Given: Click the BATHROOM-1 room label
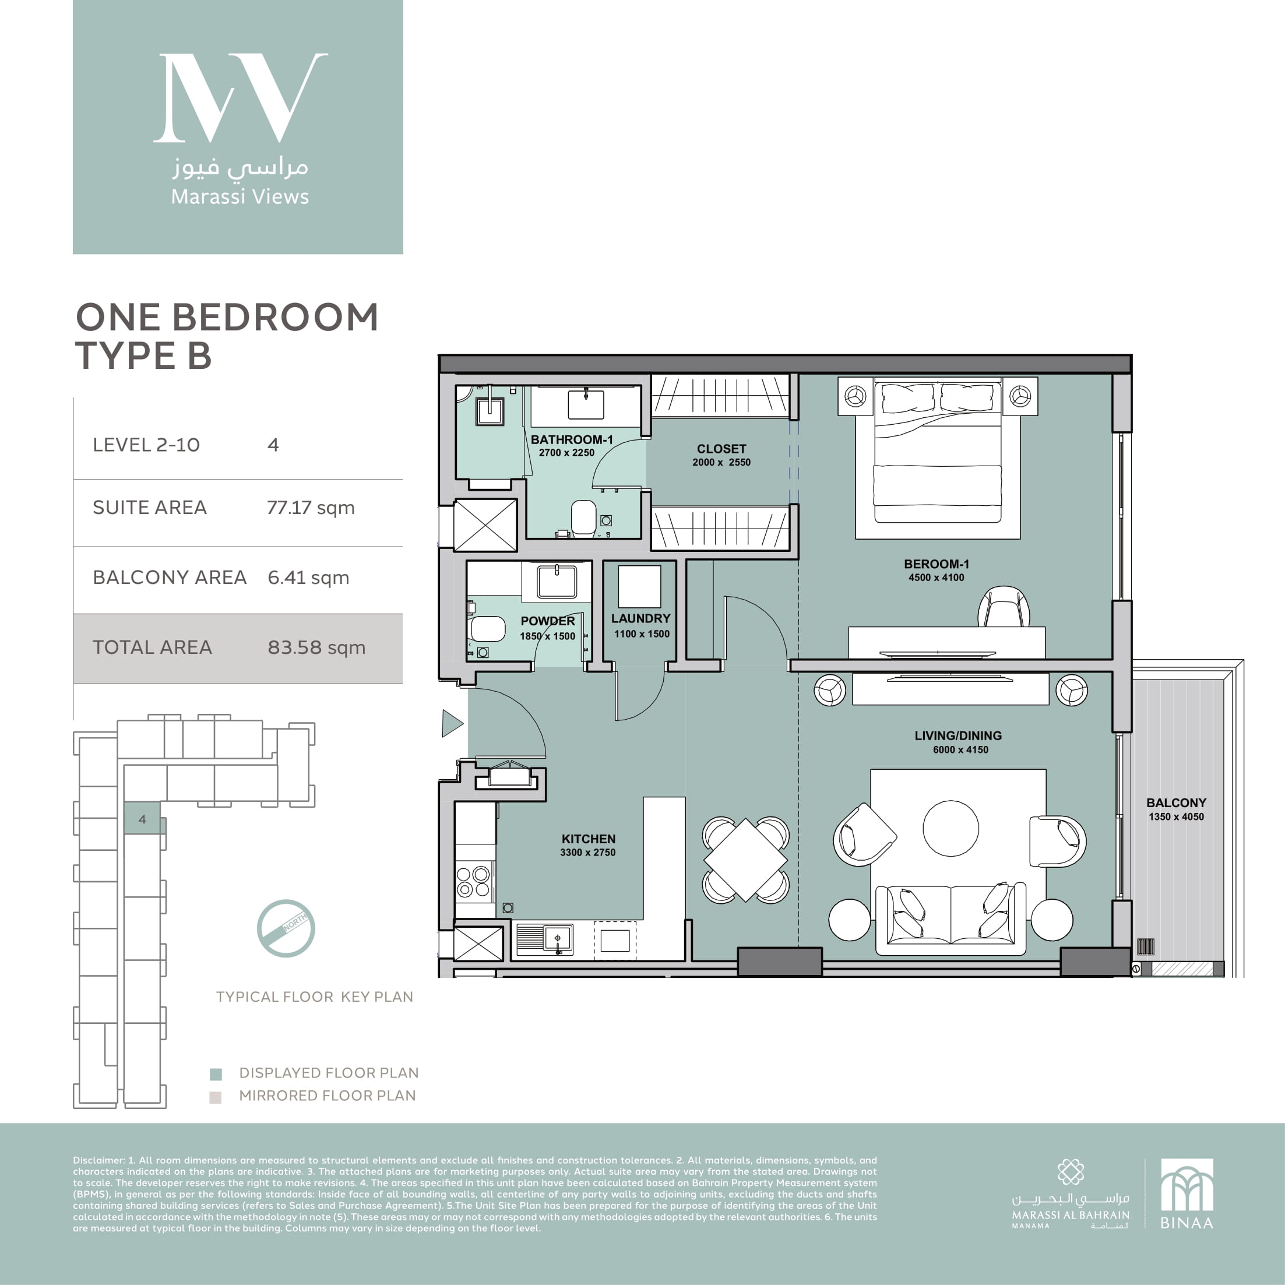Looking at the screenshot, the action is coord(571,439).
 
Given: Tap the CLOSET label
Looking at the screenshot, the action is coord(721,449).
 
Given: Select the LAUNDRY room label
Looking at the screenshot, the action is coord(640,618).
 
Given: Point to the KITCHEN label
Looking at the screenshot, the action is coord(588,839).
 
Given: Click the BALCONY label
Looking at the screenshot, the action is coord(1176,803).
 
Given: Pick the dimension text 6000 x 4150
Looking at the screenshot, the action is coord(960,749).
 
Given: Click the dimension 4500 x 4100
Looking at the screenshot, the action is coord(936,578).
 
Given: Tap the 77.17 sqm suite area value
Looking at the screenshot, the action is coord(311,508).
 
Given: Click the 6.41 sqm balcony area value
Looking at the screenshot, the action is coord(308,578).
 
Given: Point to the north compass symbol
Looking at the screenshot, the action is coord(286,928).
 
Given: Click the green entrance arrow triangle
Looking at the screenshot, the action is coord(452,723).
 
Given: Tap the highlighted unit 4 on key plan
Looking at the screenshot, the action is coord(143,818).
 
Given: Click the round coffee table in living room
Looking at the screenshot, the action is coord(950,828).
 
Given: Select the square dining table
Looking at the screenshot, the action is coord(745,860).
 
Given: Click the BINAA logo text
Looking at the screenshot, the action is coord(1187,1223).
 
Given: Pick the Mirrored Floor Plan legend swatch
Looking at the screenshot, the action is coord(215,1097).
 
